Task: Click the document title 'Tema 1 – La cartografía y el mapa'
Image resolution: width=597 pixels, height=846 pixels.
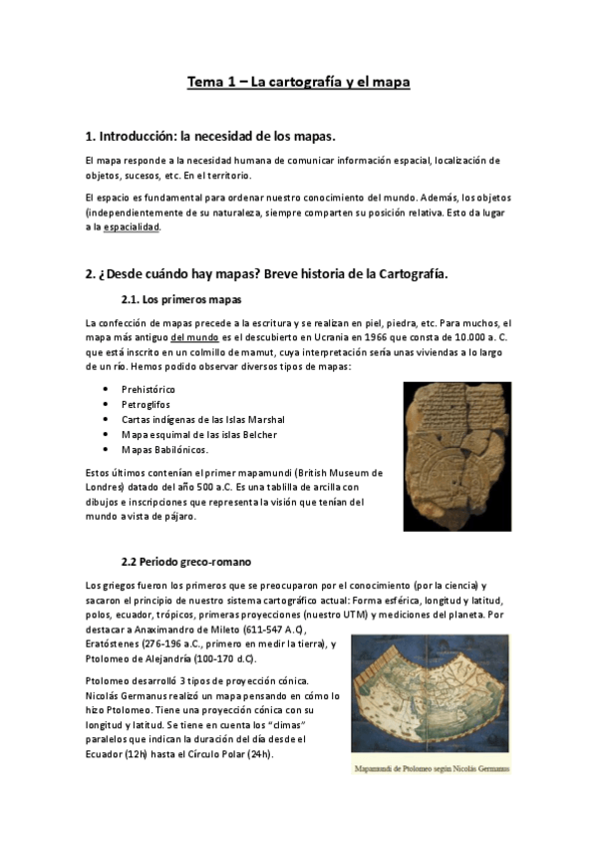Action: (298, 83)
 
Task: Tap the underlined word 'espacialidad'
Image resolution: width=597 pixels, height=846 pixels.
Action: (132, 227)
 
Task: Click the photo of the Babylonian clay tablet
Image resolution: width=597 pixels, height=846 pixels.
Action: (455, 457)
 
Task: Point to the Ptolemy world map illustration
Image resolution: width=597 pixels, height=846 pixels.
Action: (431, 695)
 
